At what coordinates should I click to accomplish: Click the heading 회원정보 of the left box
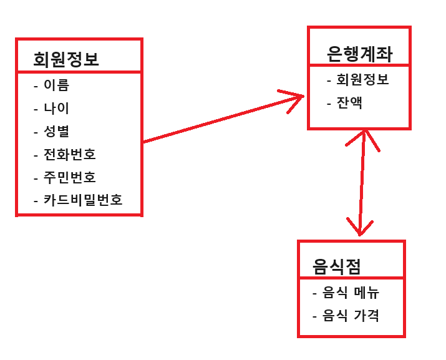click(x=66, y=59)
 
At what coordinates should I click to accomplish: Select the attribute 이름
click(x=56, y=85)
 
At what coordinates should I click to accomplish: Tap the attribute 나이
click(x=56, y=108)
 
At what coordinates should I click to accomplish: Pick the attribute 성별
click(x=56, y=131)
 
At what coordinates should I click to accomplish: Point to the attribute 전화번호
click(x=69, y=154)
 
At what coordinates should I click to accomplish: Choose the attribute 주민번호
click(x=69, y=177)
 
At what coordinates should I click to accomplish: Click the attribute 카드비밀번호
click(x=82, y=200)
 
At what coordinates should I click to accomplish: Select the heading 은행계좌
click(x=360, y=54)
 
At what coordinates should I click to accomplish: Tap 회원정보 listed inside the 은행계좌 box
click(x=362, y=80)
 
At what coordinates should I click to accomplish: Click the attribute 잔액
click(x=349, y=103)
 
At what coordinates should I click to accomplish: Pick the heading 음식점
click(x=337, y=267)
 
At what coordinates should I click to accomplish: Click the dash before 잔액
click(x=329, y=104)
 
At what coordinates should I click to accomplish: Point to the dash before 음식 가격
click(x=316, y=316)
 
